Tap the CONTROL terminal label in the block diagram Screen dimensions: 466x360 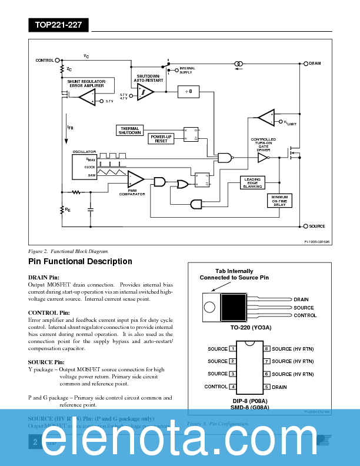[x=45, y=60]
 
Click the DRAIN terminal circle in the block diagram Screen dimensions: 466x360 [x=305, y=63]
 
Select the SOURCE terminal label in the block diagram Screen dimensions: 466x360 [x=317, y=226]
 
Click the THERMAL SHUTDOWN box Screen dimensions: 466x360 [x=129, y=131]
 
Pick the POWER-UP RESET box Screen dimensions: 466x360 [x=161, y=139]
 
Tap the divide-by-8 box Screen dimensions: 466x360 [x=188, y=92]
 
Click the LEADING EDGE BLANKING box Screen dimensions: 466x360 [x=252, y=182]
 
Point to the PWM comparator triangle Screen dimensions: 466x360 [x=135, y=178]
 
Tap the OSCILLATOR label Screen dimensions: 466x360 [x=84, y=152]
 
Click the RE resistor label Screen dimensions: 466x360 [x=68, y=209]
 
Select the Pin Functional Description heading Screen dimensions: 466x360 [x=80, y=261]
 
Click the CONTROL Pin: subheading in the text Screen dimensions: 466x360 [x=49, y=312]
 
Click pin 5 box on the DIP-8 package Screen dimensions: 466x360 [x=266, y=387]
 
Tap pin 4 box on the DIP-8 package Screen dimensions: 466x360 [x=233, y=387]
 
